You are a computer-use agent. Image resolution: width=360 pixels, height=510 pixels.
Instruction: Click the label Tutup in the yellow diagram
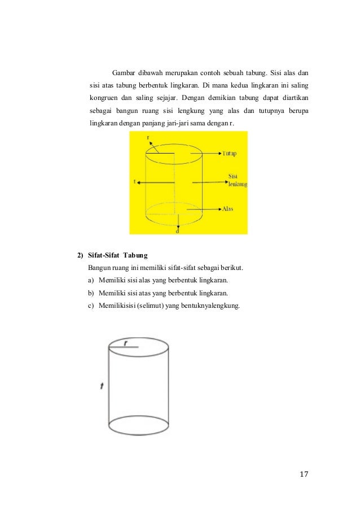[229, 153]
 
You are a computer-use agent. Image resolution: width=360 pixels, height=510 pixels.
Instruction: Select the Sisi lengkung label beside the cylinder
[238, 180]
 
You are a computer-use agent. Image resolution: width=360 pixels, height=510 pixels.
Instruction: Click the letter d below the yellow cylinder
[177, 230]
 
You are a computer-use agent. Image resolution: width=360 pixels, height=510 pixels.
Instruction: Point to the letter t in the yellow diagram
[135, 182]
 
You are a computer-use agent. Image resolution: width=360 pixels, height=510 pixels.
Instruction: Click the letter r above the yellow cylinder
[148, 137]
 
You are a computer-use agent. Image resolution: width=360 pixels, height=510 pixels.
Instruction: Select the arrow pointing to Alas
[210, 208]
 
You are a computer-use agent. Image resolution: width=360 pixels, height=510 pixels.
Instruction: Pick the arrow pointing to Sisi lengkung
[212, 181]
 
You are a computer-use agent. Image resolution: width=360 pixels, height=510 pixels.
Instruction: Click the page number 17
[304, 473]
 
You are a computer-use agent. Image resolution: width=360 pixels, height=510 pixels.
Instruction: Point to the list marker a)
[91, 280]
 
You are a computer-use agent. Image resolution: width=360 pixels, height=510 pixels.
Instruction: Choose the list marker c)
[91, 306]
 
